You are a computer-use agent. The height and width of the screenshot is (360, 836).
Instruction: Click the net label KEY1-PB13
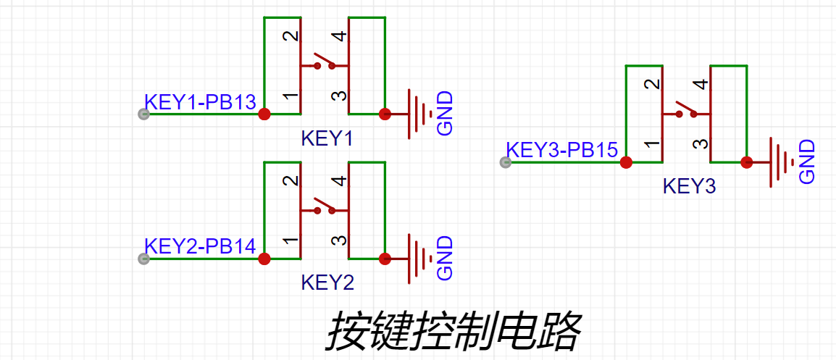[x=201, y=102]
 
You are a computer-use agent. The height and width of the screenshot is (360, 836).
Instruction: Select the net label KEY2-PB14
[x=201, y=247]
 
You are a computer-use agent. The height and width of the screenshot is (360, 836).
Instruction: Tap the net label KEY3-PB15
[x=562, y=151]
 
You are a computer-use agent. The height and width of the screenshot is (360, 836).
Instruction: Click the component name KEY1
[x=327, y=138]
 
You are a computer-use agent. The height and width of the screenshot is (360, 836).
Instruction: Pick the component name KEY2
[x=327, y=283]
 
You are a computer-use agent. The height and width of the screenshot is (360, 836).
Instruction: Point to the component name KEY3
[x=689, y=187]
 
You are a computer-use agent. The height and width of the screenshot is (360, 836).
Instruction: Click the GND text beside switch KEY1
[x=445, y=114]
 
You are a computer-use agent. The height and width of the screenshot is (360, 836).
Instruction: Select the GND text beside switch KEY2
[x=445, y=259]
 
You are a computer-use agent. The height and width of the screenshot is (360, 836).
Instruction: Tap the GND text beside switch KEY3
[x=807, y=162]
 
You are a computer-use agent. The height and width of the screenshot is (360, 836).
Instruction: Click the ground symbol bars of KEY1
[x=419, y=114]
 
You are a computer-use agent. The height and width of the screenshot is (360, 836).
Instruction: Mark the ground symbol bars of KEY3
[x=782, y=162]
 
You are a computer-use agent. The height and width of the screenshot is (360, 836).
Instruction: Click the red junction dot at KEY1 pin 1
[x=264, y=114]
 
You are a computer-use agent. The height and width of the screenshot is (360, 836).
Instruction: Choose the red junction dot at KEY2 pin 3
[x=385, y=259]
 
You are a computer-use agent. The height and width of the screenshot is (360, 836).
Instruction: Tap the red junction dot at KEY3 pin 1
[x=626, y=162]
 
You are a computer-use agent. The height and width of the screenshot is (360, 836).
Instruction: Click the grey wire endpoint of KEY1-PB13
[x=143, y=114]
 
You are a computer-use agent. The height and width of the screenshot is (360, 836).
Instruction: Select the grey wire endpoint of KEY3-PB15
[x=506, y=162]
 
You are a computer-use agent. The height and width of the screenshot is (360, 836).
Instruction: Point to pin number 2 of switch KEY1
[x=289, y=36]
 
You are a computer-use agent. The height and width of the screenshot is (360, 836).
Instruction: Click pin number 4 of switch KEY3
[x=700, y=85]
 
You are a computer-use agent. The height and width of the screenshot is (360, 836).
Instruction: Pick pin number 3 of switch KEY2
[x=338, y=240]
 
